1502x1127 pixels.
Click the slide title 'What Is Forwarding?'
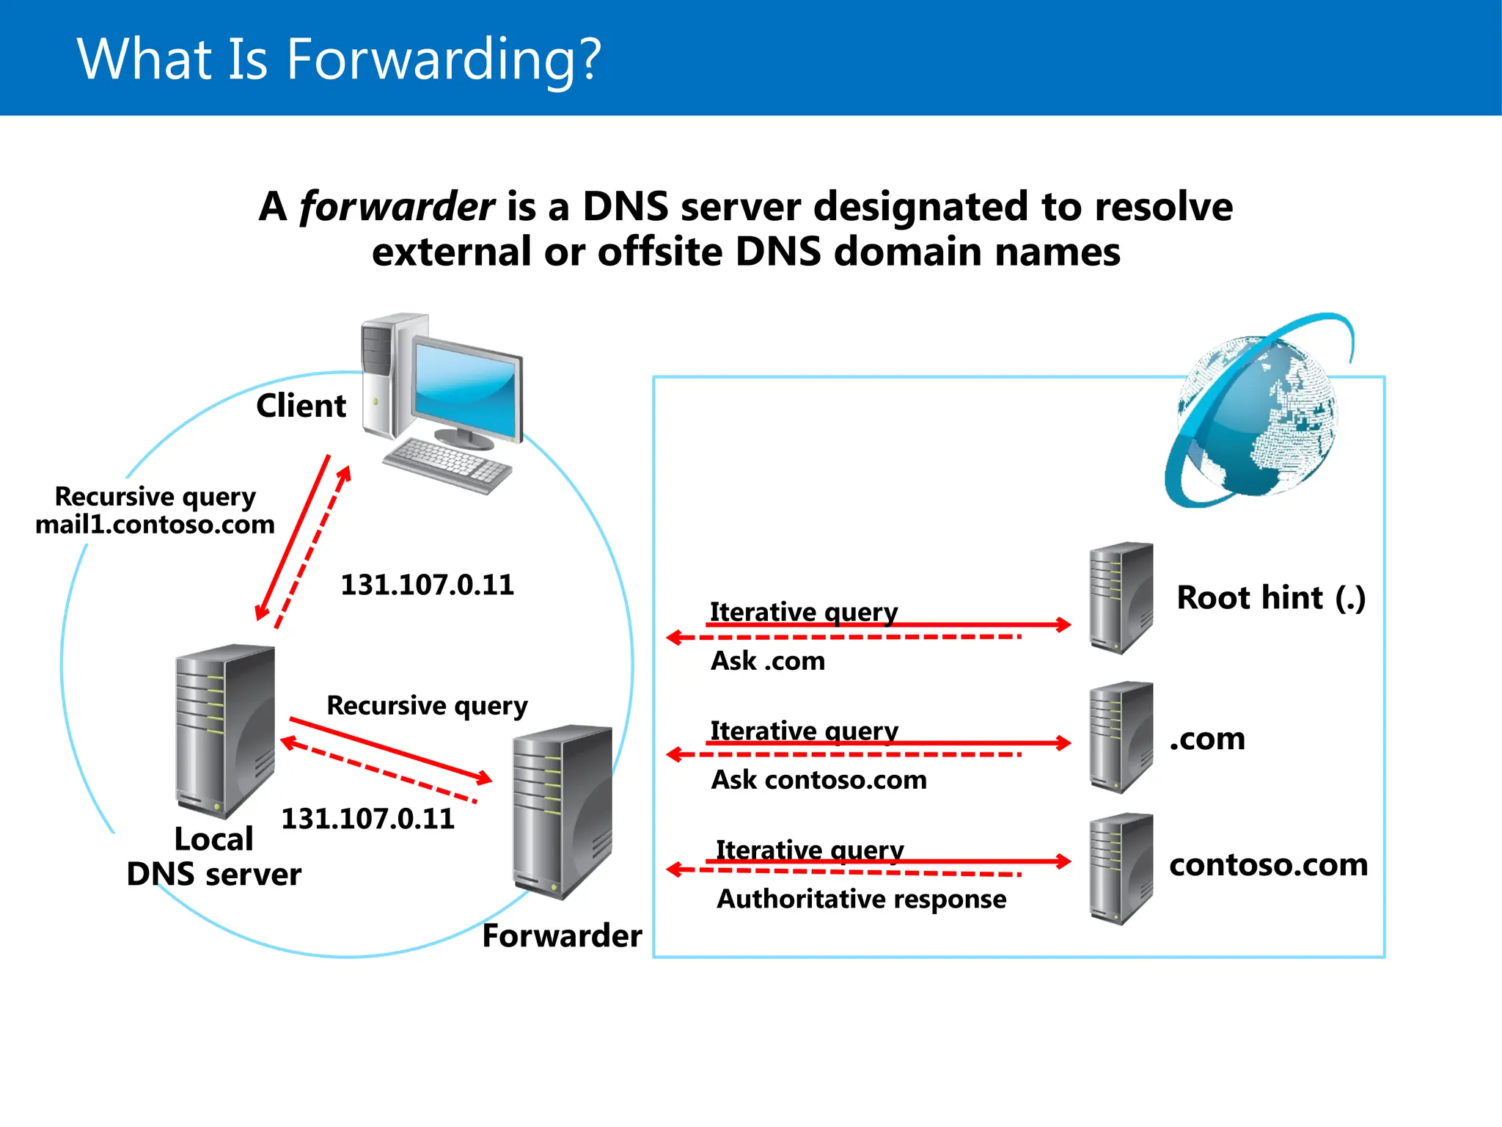[x=339, y=59]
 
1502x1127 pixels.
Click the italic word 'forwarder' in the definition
[x=397, y=206]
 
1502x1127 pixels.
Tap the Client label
[x=301, y=406]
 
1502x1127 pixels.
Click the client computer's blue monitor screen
[x=464, y=389]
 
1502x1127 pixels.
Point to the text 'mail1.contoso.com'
[x=155, y=525]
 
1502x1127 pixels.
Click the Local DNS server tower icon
[x=224, y=730]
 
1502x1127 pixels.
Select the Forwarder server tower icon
[x=562, y=811]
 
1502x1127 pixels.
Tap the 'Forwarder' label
[x=562, y=936]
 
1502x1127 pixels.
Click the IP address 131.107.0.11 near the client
[x=428, y=585]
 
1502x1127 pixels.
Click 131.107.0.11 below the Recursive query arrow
[x=367, y=819]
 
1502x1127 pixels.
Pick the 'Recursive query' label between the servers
[x=427, y=705]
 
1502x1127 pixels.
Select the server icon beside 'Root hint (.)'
[x=1121, y=598]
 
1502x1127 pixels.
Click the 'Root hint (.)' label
[x=1271, y=597]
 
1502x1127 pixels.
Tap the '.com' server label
[x=1207, y=739]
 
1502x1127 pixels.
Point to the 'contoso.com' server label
[x=1268, y=864]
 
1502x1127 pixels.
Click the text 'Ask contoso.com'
[x=818, y=779]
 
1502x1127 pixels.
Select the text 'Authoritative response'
[x=861, y=899]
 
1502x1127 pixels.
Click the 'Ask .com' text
[x=768, y=660]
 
